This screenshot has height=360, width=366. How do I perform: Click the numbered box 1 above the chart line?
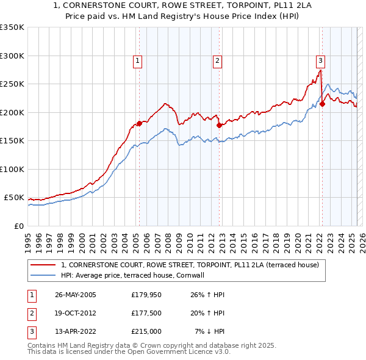[x=138, y=60]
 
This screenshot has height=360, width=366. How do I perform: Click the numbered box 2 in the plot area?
[x=217, y=60]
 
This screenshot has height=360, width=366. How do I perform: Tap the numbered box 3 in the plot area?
[x=320, y=60]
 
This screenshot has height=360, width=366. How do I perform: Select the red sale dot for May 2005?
[x=139, y=123]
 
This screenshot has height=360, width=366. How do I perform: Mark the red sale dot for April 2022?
[x=322, y=104]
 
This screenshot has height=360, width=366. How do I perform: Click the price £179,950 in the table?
[x=146, y=295]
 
